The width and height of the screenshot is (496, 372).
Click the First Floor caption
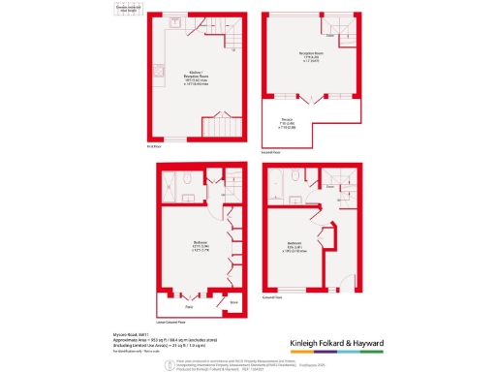[x=152, y=146]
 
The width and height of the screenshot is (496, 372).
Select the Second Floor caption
[x=270, y=152]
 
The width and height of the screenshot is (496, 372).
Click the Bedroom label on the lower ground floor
[x=197, y=245]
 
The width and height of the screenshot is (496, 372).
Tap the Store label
[x=232, y=301]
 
